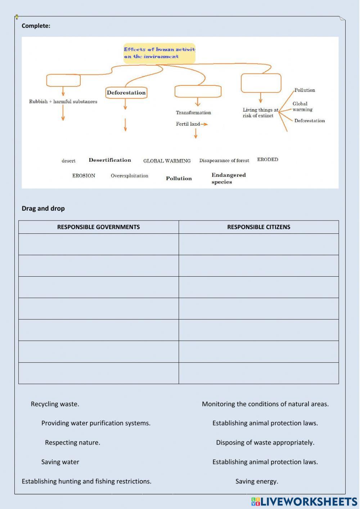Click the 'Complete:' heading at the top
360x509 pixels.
tap(36, 26)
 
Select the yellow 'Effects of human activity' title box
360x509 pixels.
tap(159, 53)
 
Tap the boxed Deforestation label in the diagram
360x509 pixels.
tap(126, 93)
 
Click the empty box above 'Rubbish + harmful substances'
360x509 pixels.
tap(63, 80)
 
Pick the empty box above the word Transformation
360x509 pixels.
tap(198, 91)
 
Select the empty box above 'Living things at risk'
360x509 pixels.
tap(261, 83)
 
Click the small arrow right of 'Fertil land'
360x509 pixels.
tap(204, 124)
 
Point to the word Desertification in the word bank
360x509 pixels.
tap(110, 160)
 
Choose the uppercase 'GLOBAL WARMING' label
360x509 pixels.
tap(167, 161)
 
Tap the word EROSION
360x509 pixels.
tap(84, 176)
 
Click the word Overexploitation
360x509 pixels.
tap(129, 176)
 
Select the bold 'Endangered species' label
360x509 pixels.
tap(228, 178)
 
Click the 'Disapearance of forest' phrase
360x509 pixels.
tap(224, 161)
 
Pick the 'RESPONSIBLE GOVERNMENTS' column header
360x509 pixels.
tap(98, 227)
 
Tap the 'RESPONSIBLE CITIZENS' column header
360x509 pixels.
tap(258, 227)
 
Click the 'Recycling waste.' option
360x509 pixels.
tap(55, 404)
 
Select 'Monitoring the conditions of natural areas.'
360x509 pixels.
tap(265, 404)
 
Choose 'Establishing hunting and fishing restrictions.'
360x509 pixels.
tap(86, 481)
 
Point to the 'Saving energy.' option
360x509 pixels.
tap(257, 481)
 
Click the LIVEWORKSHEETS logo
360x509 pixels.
tap(304, 501)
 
